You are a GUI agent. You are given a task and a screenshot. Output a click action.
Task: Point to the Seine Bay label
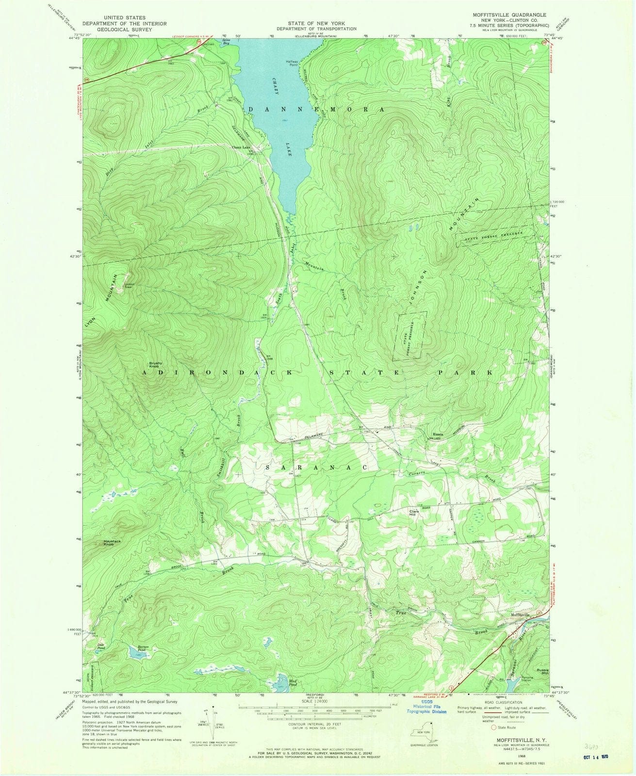pos(226,43)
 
